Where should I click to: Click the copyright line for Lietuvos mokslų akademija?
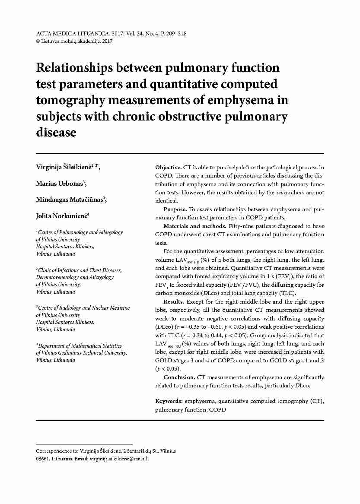[x=74, y=41]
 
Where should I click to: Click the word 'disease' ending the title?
[x=56, y=132]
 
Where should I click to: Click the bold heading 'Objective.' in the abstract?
[x=168, y=167]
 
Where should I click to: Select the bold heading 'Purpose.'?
[x=175, y=209]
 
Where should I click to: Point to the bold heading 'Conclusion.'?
[x=179, y=377]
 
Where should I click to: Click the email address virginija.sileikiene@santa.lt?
[x=119, y=459]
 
